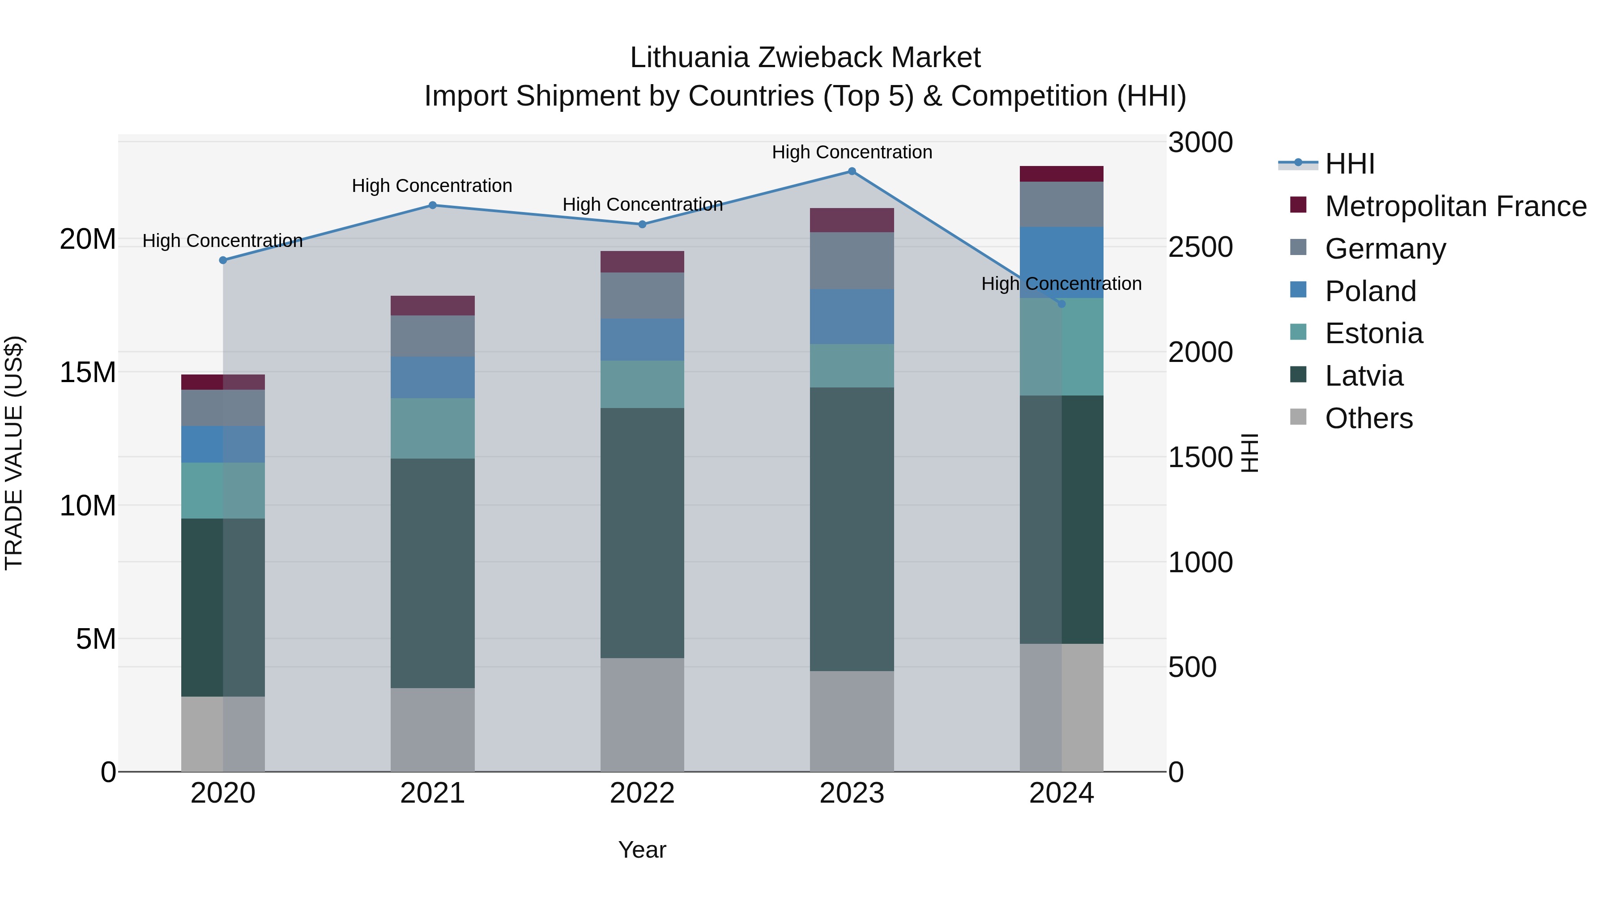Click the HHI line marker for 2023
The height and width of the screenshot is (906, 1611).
point(852,171)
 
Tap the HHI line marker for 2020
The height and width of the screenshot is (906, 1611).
point(223,260)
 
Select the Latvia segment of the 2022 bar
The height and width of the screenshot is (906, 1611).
point(642,533)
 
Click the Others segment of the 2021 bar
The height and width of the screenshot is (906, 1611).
point(432,730)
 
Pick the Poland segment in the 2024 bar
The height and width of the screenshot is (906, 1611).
point(1061,262)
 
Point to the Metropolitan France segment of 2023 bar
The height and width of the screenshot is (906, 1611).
point(852,220)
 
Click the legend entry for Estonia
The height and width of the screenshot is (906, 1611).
point(1373,333)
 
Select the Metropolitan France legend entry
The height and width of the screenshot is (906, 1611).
point(1455,206)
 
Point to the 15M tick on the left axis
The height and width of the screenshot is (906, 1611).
point(88,373)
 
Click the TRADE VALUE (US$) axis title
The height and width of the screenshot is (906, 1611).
point(14,453)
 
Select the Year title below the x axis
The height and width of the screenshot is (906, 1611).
point(642,850)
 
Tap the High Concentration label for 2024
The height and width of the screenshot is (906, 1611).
point(1061,284)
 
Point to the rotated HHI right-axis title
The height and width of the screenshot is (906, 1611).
point(1249,453)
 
